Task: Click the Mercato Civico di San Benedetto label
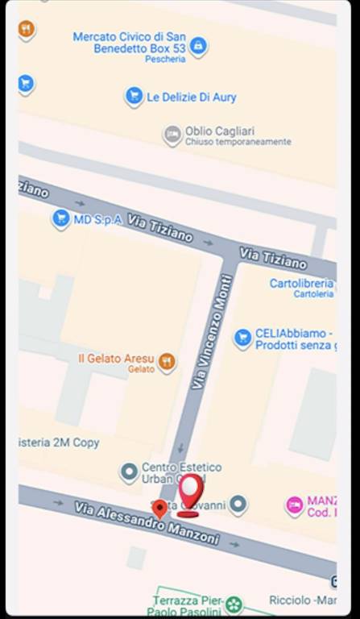point(129,43)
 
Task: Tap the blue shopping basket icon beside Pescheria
point(198,46)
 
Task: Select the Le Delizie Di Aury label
point(192,98)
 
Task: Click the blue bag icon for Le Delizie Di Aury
point(134,97)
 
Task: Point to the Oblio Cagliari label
point(220,131)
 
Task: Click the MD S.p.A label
point(97,219)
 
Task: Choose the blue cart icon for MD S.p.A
point(60,218)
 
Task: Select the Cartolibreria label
point(301,284)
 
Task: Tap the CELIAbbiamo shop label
point(293,339)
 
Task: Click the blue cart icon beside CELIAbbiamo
point(242,338)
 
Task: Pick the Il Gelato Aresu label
point(115,358)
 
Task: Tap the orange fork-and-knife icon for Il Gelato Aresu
point(166,361)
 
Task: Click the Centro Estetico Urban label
point(181,472)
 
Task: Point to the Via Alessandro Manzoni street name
point(146,522)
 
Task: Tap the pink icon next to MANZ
point(295,505)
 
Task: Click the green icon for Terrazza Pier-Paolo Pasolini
point(234,604)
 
